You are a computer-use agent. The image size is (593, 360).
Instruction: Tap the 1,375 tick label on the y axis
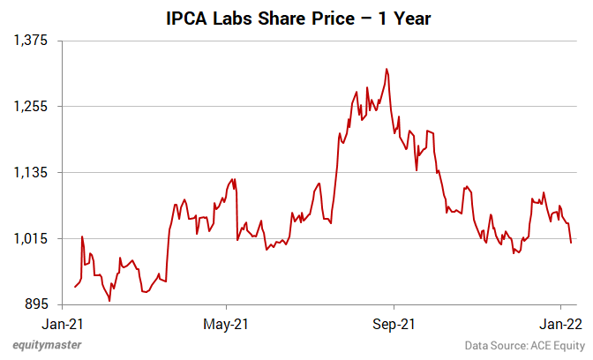pyautogui.click(x=31, y=41)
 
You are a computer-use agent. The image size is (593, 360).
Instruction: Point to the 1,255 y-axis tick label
pyautogui.click(x=31, y=107)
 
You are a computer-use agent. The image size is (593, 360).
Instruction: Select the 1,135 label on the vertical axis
pyautogui.click(x=31, y=173)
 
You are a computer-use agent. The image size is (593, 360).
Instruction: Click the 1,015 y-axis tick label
pyautogui.click(x=31, y=239)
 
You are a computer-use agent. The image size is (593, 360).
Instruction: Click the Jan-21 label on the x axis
pyautogui.click(x=63, y=323)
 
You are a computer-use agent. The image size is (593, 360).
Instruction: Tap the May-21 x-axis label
pyautogui.click(x=228, y=323)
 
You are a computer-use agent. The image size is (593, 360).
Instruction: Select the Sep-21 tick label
pyautogui.click(x=394, y=323)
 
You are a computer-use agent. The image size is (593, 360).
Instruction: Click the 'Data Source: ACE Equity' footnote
pyautogui.click(x=522, y=346)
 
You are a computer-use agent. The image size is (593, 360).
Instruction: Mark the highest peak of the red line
pyautogui.click(x=387, y=69)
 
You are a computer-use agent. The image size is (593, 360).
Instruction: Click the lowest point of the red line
pyautogui.click(x=109, y=301)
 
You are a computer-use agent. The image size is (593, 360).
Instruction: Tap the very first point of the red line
pyautogui.click(x=75, y=287)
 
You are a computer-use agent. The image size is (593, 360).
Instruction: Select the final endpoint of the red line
pyautogui.click(x=571, y=243)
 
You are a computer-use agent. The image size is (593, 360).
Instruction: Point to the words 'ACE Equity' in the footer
pyautogui.click(x=554, y=346)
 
